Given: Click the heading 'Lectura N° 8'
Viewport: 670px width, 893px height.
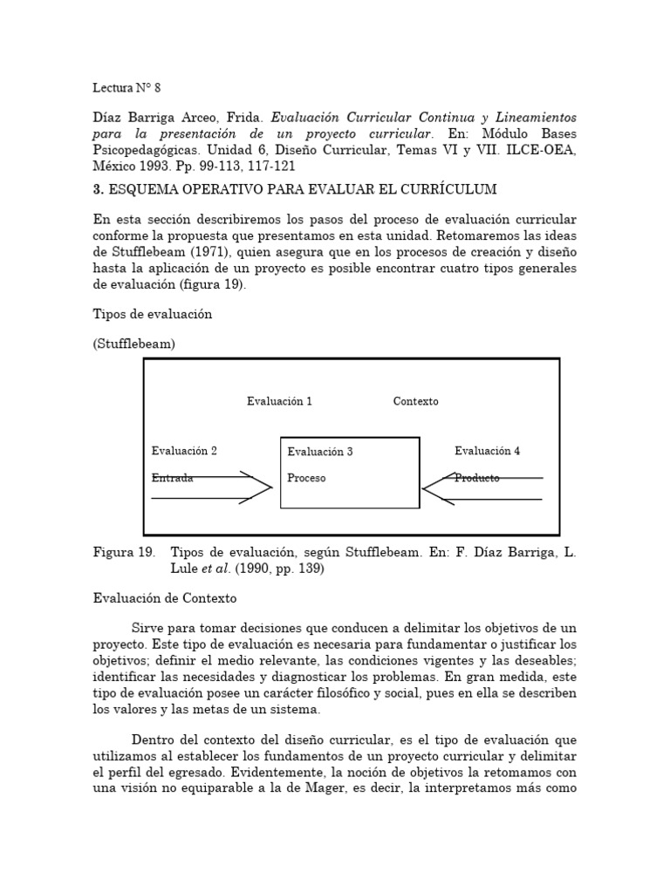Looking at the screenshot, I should [x=126, y=88].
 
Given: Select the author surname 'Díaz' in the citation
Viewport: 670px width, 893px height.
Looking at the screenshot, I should [x=108, y=117].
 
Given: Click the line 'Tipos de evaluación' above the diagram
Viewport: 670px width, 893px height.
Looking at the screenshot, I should [x=152, y=314].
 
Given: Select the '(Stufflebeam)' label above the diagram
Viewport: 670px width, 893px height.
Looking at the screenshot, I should [x=133, y=344].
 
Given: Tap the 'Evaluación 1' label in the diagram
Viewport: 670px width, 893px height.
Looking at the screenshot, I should [x=279, y=401].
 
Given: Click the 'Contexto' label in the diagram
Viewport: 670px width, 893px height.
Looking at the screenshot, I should [x=415, y=401].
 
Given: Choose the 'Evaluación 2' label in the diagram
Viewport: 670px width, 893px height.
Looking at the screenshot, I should [x=184, y=451].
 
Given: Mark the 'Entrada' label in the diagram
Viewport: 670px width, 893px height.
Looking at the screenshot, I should [x=172, y=478].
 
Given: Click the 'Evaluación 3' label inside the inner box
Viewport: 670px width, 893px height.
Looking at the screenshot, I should [x=320, y=452].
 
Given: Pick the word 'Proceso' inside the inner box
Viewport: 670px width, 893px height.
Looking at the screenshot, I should [x=306, y=478].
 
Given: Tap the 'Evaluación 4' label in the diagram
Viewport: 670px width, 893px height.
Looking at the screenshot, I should [x=487, y=451].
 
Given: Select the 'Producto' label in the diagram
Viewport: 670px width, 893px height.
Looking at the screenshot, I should [x=477, y=478].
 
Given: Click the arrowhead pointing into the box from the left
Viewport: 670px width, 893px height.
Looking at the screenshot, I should [x=262, y=488].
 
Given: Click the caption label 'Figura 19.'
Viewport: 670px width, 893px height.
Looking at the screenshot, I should [x=124, y=553].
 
